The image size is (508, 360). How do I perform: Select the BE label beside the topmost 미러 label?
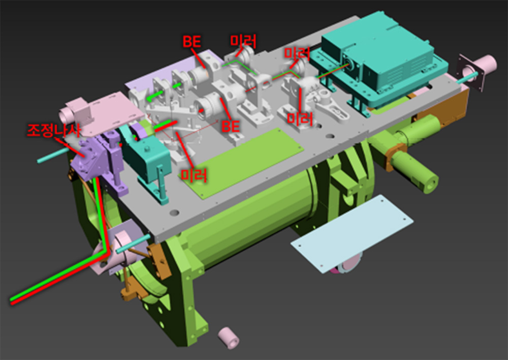[192, 41]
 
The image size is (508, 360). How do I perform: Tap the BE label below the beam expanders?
[230, 126]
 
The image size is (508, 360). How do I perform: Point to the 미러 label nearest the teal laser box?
[297, 53]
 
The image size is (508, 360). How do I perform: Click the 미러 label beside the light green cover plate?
[194, 175]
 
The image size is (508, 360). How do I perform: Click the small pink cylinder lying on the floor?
[229, 338]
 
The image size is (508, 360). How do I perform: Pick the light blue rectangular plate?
[352, 233]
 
